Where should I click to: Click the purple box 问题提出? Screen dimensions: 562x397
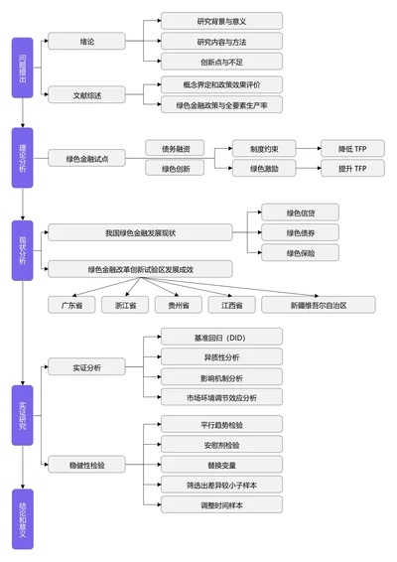22,68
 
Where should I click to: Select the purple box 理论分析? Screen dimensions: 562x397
22,158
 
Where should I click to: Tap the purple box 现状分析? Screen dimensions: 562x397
22,250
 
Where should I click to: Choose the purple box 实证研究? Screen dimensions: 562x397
22,415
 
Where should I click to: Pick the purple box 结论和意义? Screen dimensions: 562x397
22,519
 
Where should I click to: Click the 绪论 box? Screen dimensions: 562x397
86,42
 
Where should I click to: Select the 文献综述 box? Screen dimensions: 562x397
86,94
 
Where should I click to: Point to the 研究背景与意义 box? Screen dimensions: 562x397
221,20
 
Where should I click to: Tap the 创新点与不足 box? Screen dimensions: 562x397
221,62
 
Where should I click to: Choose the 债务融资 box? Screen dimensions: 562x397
175,148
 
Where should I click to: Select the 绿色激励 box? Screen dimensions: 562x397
263,169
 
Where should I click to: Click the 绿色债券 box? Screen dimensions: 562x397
300,232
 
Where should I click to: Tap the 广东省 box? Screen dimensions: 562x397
72,305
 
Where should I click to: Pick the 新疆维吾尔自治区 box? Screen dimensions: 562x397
305,305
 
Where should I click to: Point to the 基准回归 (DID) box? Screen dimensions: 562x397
221,338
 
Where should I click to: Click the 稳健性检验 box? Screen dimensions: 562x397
86,464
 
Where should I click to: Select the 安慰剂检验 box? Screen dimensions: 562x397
221,444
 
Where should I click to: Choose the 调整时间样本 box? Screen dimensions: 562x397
221,504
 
